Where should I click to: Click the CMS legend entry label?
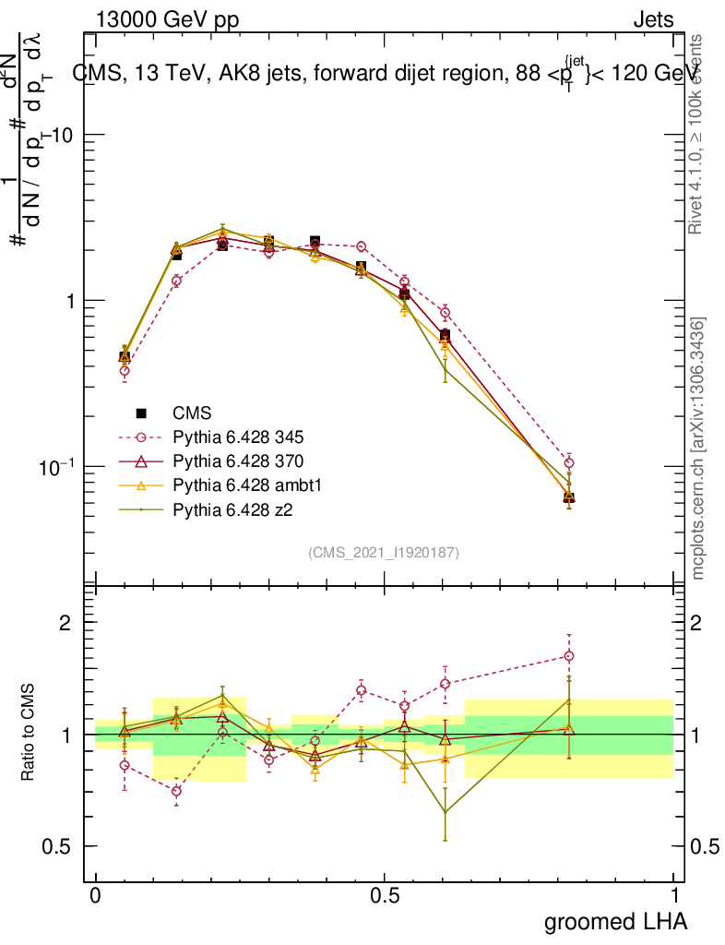coord(192,413)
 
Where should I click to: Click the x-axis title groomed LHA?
coord(616,921)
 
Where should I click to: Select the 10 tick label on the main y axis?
coord(63,135)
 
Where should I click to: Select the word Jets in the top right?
coord(652,20)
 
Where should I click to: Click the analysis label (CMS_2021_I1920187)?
coord(384,553)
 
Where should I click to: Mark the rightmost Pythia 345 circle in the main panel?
coord(569,462)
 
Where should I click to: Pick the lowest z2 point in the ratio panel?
coord(446,812)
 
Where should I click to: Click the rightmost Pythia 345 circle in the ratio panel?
coord(569,656)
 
